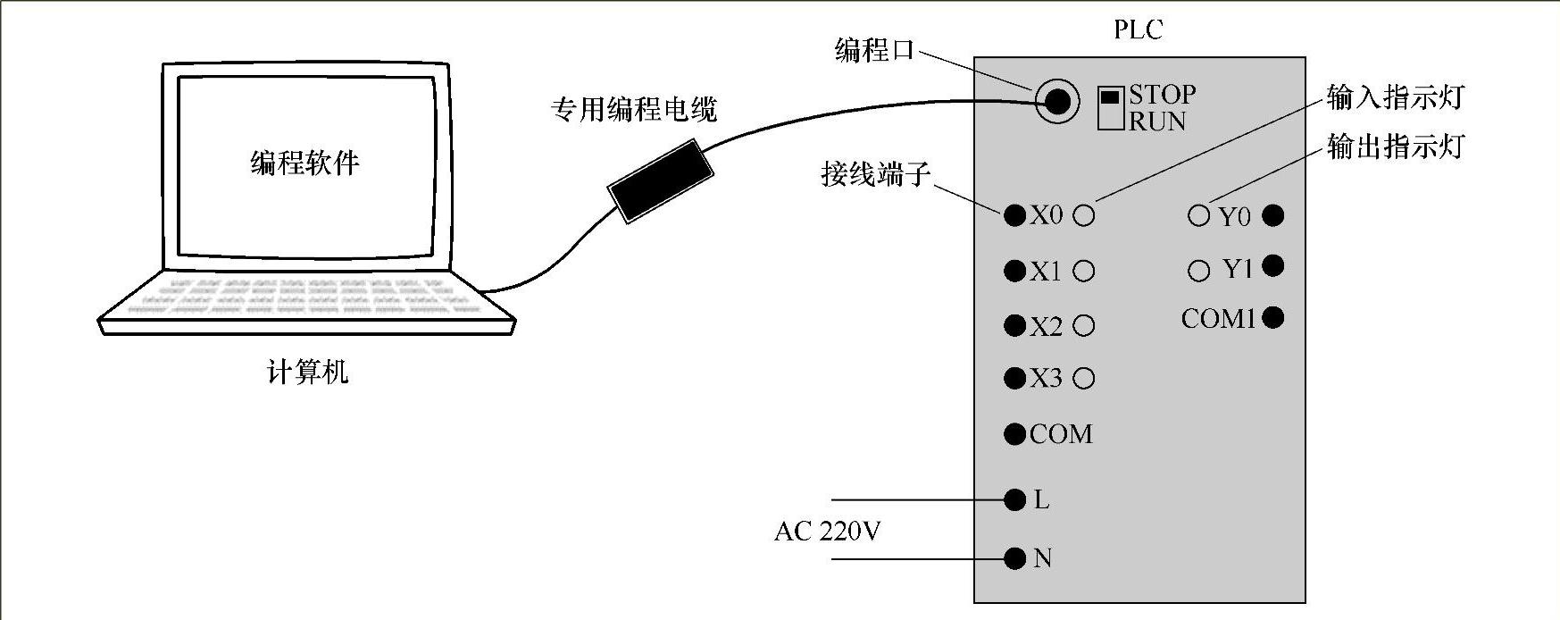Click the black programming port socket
point(1057,101)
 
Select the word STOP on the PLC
point(1162,94)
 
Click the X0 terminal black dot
point(1014,215)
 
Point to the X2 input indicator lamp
point(1084,326)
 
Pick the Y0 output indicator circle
point(1199,215)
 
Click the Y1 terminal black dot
point(1273,266)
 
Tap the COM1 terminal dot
point(1273,317)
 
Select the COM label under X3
point(1061,434)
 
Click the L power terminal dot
point(1014,499)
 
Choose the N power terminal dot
point(1014,558)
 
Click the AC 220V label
point(827,532)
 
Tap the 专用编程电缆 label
point(633,110)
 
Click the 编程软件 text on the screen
point(304,163)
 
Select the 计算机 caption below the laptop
point(307,372)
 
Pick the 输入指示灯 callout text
point(1395,96)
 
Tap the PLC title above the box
point(1139,29)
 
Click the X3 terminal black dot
point(1014,378)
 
